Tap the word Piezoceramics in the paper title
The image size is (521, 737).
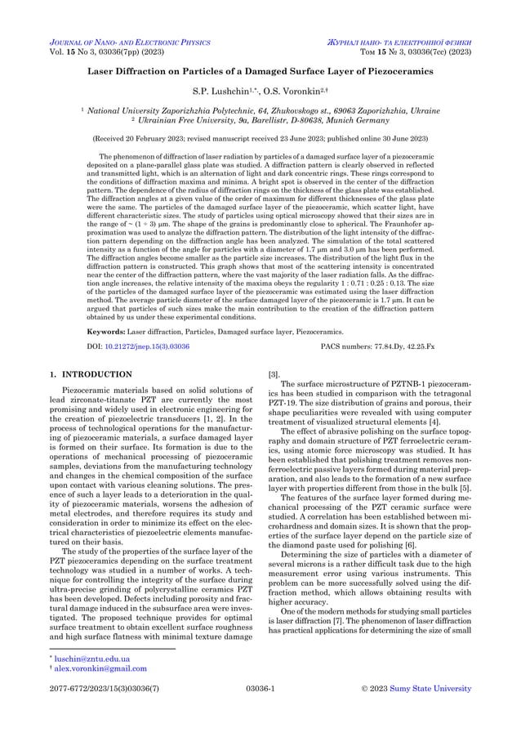(x=393, y=72)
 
